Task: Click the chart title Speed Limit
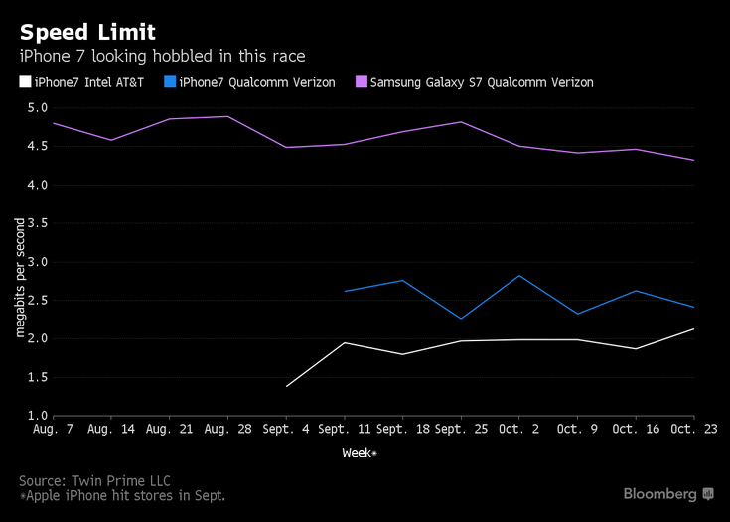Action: pyautogui.click(x=87, y=31)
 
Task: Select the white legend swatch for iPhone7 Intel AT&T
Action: pyautogui.click(x=25, y=82)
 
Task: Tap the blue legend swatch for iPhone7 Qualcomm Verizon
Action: pyautogui.click(x=170, y=82)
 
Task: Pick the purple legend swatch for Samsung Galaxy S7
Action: pyautogui.click(x=361, y=82)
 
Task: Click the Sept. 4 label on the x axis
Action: pyautogui.click(x=286, y=430)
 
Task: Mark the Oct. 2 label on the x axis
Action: pyautogui.click(x=518, y=430)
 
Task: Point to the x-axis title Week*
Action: pyautogui.click(x=361, y=453)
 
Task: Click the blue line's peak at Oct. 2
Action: pyautogui.click(x=519, y=276)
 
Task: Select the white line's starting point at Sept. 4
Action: pyautogui.click(x=286, y=386)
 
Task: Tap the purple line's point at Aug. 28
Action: pyautogui.click(x=227, y=117)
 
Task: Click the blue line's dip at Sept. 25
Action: pyautogui.click(x=461, y=319)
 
